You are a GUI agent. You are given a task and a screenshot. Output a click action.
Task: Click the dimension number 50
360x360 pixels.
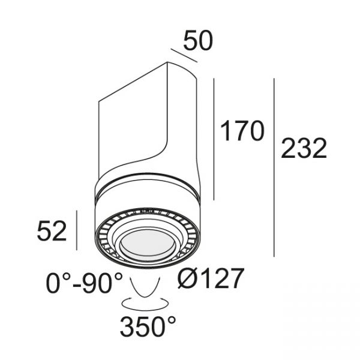[198, 41]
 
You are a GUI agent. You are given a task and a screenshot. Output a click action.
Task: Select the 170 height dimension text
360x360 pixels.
[242, 131]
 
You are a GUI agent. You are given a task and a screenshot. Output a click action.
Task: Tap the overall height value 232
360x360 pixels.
[304, 149]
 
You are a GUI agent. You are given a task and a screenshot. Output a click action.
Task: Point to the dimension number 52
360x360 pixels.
[52, 231]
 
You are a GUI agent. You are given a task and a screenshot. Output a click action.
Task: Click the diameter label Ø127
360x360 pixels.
[211, 278]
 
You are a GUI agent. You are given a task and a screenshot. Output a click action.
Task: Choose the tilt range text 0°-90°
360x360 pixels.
[84, 283]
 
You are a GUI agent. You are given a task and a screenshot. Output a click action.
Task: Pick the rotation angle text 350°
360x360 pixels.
[148, 326]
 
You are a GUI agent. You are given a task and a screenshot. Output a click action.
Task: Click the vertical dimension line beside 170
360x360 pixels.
[214, 139]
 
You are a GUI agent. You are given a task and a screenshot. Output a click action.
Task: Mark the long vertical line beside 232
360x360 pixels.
[274, 167]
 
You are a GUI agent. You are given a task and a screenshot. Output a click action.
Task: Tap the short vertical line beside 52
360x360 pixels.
[76, 230]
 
